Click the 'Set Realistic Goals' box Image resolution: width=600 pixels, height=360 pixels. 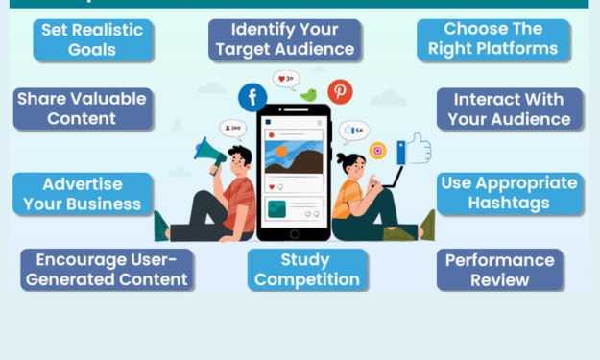pos(93,40)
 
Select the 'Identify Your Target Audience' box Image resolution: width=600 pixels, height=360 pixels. pos(285,39)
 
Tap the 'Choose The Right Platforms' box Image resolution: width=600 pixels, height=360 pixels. pos(493,39)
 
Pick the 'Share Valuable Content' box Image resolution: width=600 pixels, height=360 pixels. pos(83,109)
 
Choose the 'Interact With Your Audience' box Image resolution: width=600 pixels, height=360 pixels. pos(510,109)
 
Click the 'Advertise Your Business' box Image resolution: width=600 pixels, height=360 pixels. pos(83,194)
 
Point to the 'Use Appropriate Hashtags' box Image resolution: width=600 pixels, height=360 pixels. pos(510,194)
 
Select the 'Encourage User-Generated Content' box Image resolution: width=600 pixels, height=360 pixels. pos(107,270)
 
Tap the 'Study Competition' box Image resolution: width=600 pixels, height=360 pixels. pos(307,270)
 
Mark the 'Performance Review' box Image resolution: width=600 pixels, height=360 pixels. pos(500,270)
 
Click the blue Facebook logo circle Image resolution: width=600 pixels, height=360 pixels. pos(252,98)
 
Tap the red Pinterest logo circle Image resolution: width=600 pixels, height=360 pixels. pos(340,92)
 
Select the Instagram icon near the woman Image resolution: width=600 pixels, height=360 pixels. pos(377,151)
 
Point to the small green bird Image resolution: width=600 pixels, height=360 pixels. pos(309,95)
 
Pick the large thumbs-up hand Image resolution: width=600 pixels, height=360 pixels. pos(415,149)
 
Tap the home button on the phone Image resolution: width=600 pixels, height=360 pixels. pos(295,234)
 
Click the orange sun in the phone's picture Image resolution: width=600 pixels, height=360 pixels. pos(281,152)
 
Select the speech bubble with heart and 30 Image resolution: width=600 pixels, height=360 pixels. pos(286,80)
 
